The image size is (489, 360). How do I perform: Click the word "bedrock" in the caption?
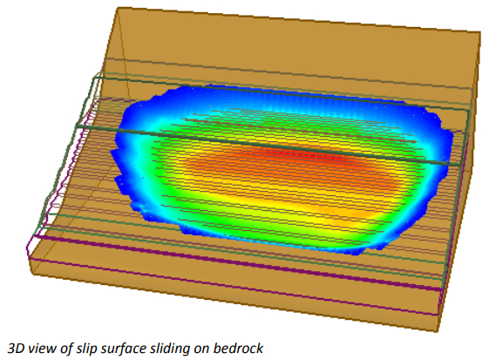[x=238, y=348]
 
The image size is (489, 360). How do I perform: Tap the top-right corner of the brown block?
[x=480, y=32]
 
